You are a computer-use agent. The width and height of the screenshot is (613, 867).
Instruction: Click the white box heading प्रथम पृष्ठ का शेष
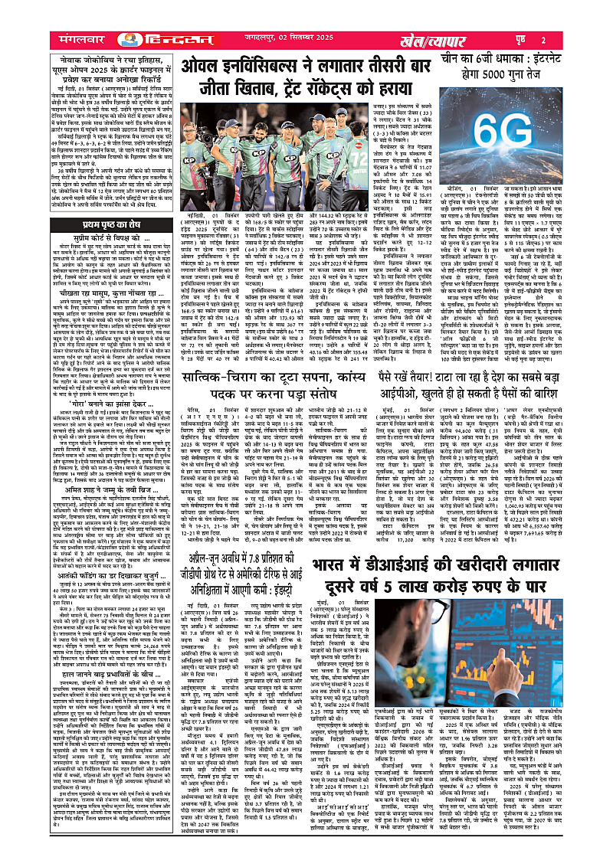tap(113, 224)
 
